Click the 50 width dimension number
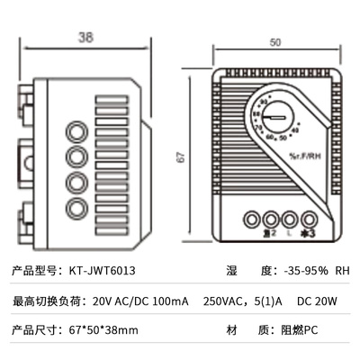tap(274, 41)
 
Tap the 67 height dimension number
tap(180, 156)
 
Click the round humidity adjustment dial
tap(281, 118)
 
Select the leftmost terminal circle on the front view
tap(249, 218)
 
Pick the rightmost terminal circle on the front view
tap(310, 218)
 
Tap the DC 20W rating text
tap(316, 301)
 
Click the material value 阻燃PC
tap(298, 330)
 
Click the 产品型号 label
tap(31, 270)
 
